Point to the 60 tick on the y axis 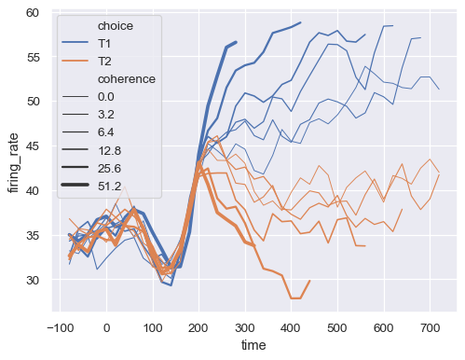coord(33,12)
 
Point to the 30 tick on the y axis coord(33,280)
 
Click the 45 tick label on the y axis coord(33,145)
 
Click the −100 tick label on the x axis coord(60,327)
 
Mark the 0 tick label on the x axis coord(106,327)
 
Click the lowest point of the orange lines coord(295,298)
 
